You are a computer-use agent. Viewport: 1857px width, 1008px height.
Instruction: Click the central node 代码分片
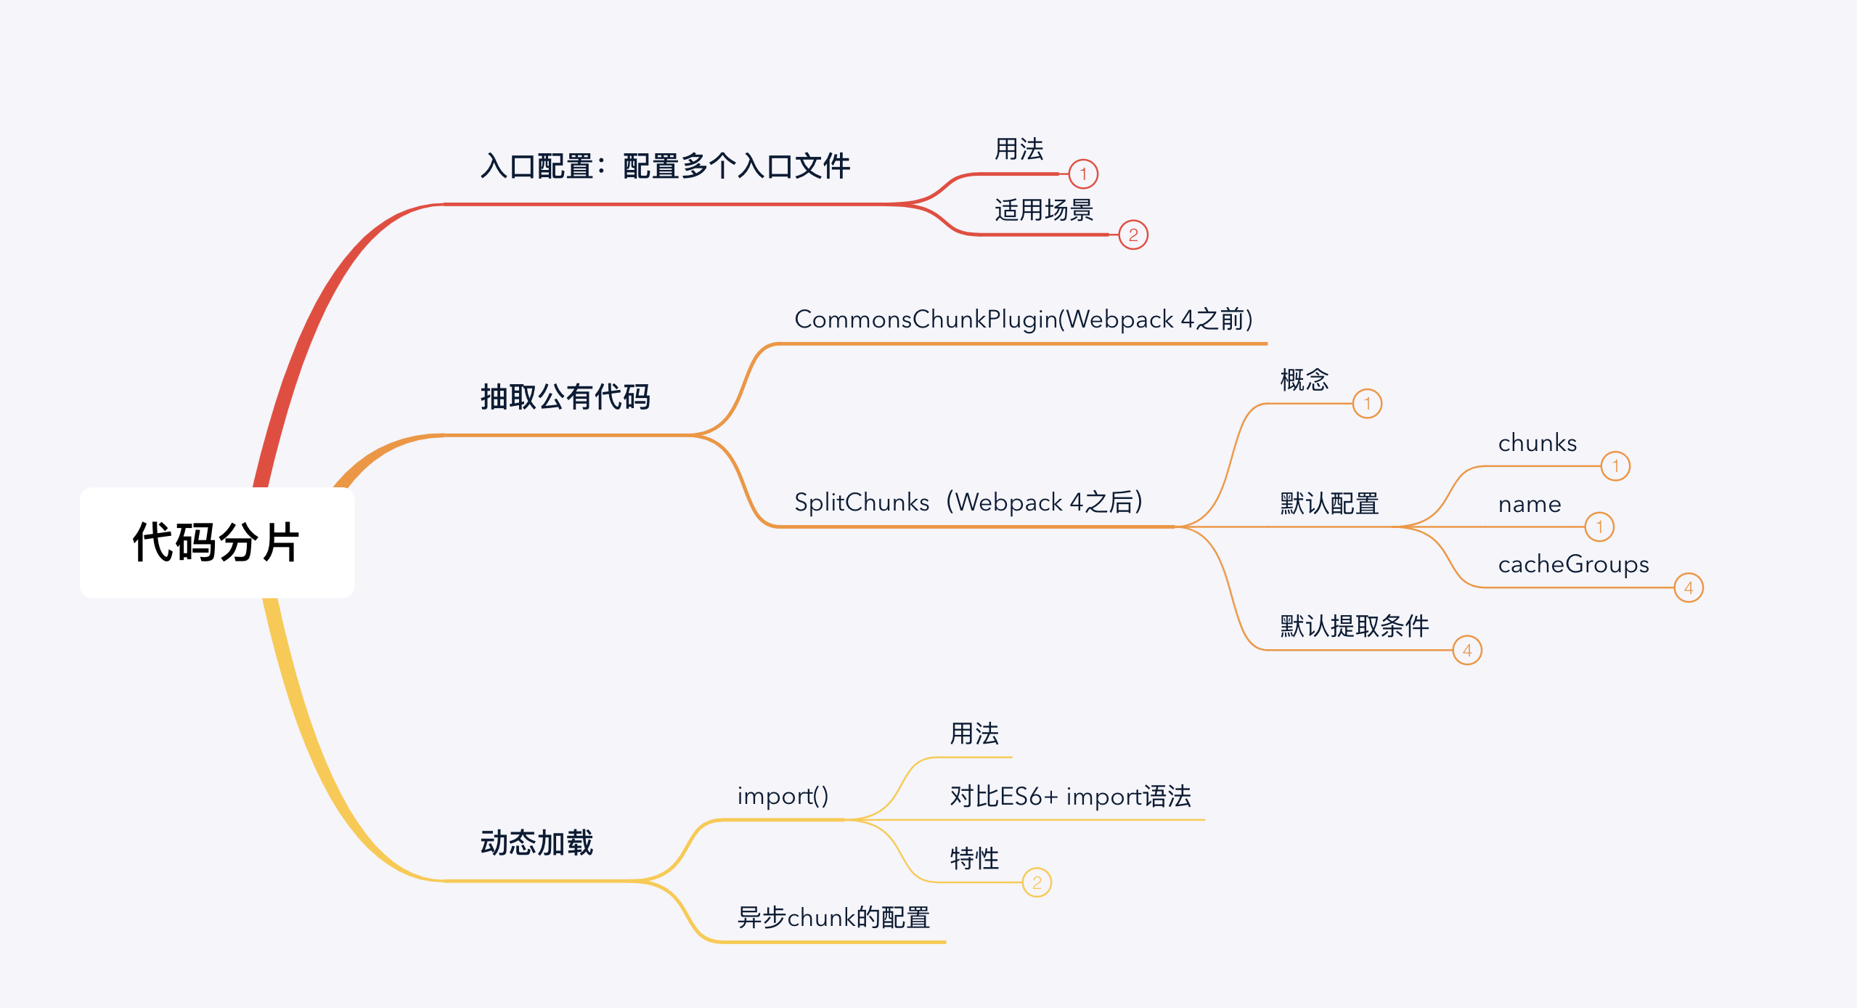click(216, 542)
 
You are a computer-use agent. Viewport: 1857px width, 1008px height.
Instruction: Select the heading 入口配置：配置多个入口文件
click(665, 166)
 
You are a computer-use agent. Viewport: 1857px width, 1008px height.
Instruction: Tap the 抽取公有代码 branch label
click(565, 397)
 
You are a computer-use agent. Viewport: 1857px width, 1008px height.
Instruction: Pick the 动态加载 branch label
click(536, 843)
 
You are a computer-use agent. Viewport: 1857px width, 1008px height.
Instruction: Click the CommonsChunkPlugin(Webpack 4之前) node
click(1024, 320)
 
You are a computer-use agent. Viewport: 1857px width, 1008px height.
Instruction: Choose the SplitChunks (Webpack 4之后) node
click(968, 502)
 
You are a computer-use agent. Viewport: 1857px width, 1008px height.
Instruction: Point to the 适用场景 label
click(1043, 211)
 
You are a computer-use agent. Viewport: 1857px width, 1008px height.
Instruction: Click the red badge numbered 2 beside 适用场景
click(1133, 235)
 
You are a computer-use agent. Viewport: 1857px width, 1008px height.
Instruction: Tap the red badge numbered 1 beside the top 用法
click(1083, 174)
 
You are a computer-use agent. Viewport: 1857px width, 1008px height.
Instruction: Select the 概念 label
click(1304, 380)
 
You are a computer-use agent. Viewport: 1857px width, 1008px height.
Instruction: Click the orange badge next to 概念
click(1367, 404)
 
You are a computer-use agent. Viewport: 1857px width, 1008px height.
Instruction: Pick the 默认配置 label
click(1329, 503)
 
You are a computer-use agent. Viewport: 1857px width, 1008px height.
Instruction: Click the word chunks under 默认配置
click(1537, 443)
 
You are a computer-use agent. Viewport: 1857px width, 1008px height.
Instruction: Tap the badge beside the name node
click(1599, 527)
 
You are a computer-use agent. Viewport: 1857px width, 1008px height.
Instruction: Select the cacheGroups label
click(1573, 564)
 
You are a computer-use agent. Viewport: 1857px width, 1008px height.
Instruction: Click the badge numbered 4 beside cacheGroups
click(1689, 588)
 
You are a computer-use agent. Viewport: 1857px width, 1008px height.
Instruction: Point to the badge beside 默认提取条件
click(1467, 650)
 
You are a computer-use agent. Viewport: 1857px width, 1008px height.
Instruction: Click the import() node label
click(783, 796)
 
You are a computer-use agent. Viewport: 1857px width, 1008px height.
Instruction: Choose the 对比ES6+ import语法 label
click(1070, 797)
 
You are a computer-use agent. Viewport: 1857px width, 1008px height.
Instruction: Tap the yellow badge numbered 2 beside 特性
click(1037, 882)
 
